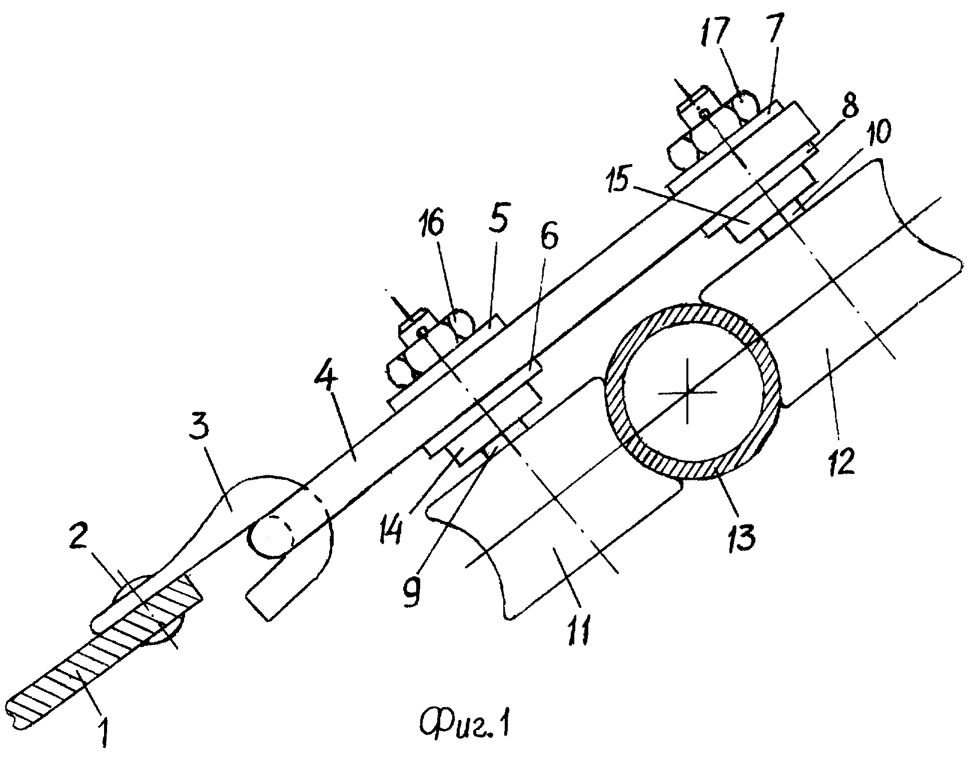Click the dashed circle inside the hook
pyautogui.click(x=271, y=534)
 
